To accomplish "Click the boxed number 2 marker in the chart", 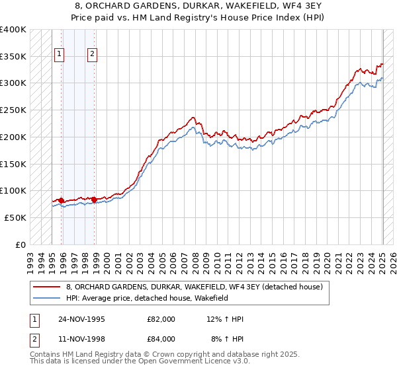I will tap(93, 55).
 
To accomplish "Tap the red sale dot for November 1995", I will tap(61, 200).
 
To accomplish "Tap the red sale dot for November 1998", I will tap(94, 199).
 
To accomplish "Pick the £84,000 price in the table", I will tap(161, 339).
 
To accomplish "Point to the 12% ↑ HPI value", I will tap(225, 319).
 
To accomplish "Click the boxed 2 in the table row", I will tap(33, 339).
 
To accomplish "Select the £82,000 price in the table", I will tap(161, 319).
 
